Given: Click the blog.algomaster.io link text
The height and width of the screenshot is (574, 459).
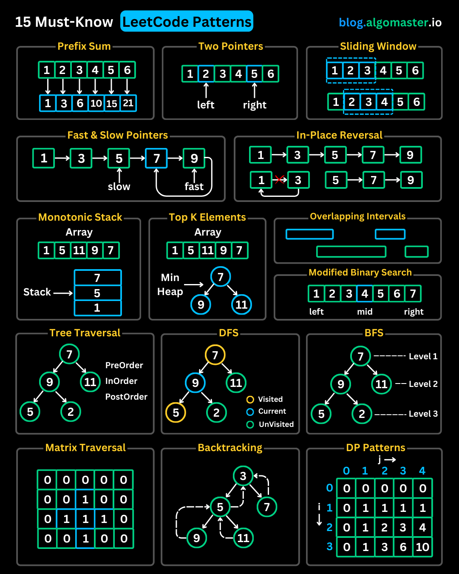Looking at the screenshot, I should coord(390,23).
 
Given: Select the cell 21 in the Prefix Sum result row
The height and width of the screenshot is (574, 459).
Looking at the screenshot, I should coord(128,103).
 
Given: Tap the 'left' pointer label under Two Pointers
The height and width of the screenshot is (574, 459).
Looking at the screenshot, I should coord(206,105).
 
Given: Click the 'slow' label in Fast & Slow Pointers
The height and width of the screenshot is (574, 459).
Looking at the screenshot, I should coord(119,187).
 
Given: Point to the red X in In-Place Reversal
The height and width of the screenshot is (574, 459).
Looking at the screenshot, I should coord(279,179).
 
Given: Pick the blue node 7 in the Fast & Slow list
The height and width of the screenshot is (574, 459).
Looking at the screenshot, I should coord(156,159).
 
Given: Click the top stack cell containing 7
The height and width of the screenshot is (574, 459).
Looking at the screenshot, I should coord(97,278).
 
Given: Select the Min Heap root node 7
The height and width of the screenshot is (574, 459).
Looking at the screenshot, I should coord(221,277).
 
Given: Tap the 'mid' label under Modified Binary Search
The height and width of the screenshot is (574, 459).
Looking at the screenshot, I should coord(365,312).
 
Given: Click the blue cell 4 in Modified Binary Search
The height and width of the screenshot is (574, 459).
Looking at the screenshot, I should coord(365,294).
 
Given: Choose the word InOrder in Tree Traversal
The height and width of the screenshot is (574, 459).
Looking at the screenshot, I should coord(121,381).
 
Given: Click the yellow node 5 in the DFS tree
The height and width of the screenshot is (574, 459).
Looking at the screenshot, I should coord(176,412).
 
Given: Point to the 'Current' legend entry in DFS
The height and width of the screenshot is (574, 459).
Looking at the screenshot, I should coord(272,412).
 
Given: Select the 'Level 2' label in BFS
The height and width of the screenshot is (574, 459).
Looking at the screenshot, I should coord(423,384).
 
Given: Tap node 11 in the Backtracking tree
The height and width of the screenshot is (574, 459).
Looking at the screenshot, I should coord(243,538).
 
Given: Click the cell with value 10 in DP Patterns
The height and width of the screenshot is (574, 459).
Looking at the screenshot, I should coord(422,547).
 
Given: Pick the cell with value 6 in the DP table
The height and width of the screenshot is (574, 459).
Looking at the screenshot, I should coord(403,547).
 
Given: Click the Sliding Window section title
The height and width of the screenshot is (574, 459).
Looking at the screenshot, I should coord(378,46).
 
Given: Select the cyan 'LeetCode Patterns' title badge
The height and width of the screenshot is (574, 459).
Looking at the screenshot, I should coord(187,22).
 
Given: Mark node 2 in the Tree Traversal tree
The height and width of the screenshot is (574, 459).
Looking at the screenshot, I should coord(71,412).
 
